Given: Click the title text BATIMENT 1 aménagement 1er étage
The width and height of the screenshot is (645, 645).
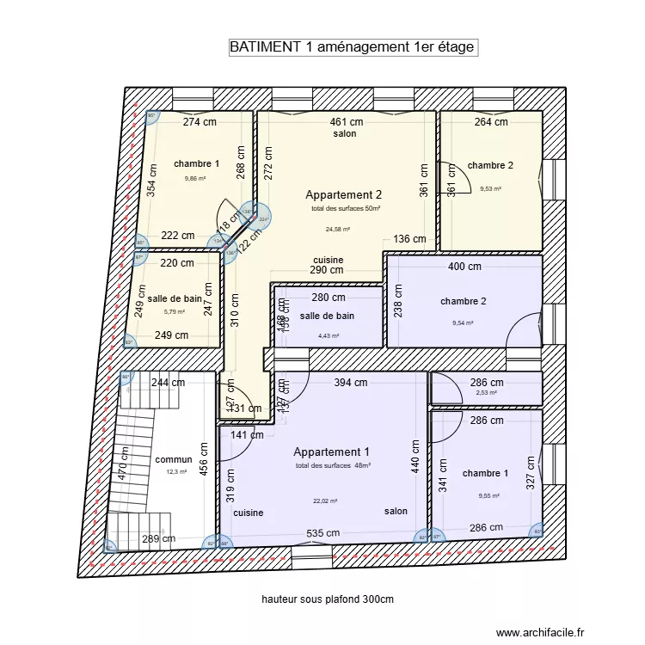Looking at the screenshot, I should coord(353,47).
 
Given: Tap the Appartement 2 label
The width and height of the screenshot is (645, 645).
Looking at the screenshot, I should coord(344,195).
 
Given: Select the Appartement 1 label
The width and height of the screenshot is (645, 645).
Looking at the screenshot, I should coord(332,452).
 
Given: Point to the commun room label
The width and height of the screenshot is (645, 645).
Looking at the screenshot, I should coord(174,460).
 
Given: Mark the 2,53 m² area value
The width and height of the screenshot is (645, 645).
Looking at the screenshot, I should coord(486,393).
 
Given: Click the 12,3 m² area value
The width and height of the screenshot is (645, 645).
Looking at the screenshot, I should coord(175,472).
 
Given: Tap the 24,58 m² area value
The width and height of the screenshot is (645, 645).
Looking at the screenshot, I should coord(337,230).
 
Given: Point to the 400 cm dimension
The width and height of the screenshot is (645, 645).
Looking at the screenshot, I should coord(465,267).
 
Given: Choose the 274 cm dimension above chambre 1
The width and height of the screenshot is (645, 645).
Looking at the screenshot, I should coord(200,122).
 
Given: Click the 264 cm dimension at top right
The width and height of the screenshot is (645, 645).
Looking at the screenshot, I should coord(491,122).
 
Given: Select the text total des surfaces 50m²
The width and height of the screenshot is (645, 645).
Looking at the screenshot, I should coord(346,209).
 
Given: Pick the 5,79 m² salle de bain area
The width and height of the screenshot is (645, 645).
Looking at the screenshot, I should coord(175,312).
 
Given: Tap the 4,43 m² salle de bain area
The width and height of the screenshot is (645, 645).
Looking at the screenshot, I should coord(329,337).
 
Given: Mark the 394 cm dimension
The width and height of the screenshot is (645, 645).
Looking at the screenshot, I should coord(350,384).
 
